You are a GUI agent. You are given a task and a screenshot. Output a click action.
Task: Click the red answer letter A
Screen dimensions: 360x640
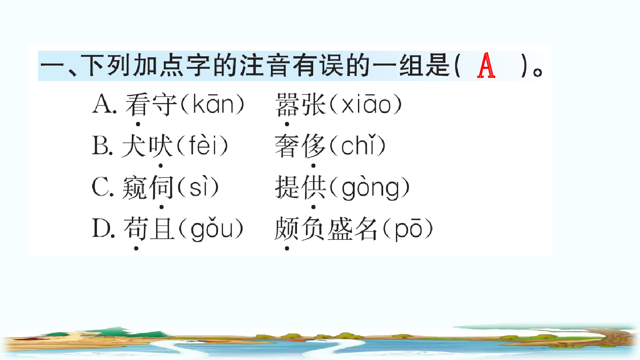tap(486, 66)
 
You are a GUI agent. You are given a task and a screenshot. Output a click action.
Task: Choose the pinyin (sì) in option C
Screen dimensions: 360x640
tap(197, 187)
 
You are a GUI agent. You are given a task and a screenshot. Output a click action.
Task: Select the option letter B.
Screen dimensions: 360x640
tap(102, 145)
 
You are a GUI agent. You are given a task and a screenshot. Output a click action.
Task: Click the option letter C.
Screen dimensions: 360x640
tap(102, 187)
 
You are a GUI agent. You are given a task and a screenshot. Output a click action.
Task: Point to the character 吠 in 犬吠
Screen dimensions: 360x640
tap(160, 145)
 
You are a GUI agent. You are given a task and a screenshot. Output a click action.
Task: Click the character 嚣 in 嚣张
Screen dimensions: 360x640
tap(288, 105)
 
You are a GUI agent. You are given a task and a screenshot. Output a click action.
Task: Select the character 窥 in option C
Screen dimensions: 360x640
tap(134, 187)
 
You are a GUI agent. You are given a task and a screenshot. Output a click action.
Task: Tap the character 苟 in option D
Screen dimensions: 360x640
tap(136, 229)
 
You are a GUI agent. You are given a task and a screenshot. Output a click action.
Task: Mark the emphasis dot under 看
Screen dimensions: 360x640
tap(138, 124)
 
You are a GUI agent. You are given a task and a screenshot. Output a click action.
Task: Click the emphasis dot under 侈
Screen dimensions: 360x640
tap(314, 165)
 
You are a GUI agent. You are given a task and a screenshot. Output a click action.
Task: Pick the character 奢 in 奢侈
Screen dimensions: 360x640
tap(287, 145)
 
